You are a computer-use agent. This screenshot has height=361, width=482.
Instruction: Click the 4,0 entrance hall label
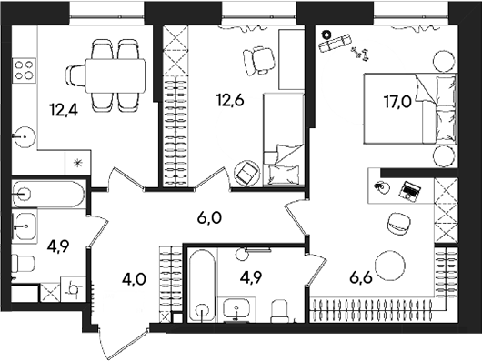[x=134, y=278]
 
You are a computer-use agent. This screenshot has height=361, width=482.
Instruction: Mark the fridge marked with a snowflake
[x=77, y=163]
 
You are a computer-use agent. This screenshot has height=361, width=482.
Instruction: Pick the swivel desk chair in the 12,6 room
[x=257, y=60]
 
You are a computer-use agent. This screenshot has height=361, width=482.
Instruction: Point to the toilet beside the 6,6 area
[x=284, y=310]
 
